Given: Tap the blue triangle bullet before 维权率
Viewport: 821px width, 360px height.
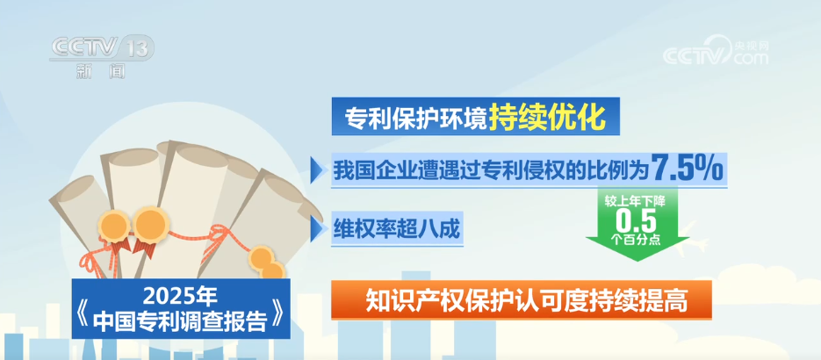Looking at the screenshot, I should [318, 228].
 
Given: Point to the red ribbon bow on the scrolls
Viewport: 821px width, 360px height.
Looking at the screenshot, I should [224, 235].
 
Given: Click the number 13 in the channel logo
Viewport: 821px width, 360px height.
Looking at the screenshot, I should [138, 46].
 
